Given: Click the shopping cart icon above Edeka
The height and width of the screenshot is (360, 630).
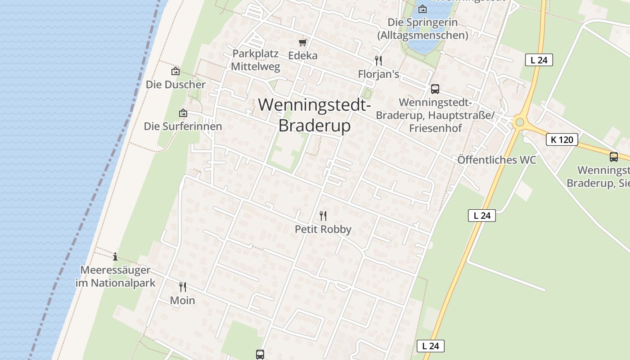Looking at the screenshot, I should (x=303, y=42).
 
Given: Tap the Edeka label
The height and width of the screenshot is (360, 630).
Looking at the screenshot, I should (x=303, y=55).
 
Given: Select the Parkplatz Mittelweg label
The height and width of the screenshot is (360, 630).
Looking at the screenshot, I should (x=256, y=60).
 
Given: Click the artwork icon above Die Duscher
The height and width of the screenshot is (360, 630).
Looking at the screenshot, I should (x=175, y=71).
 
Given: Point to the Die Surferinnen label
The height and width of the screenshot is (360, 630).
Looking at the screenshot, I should (x=183, y=126).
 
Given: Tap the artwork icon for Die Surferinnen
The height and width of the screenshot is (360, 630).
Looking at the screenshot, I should (x=183, y=113).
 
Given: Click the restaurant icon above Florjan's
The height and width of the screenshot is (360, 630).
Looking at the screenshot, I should (x=378, y=61).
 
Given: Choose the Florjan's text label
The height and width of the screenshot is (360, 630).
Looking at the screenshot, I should (x=378, y=74).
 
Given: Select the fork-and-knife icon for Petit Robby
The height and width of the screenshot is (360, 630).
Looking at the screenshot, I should (x=323, y=216).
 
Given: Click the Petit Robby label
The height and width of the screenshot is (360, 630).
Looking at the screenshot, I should (x=323, y=229).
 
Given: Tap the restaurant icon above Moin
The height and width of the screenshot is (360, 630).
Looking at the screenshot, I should (x=183, y=287).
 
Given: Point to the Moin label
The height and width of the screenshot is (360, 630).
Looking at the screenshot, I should (x=183, y=300).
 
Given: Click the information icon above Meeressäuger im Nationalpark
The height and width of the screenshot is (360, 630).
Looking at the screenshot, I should (x=115, y=256).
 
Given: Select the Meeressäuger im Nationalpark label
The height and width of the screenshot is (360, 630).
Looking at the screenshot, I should (x=115, y=276).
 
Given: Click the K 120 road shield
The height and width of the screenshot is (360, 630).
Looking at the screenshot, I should (x=562, y=139).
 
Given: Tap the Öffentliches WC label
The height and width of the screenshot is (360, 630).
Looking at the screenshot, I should (x=497, y=160).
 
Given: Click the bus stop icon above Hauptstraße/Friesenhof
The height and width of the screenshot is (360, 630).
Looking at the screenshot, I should (x=435, y=89).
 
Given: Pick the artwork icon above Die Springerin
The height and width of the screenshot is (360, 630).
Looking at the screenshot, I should (x=422, y=9).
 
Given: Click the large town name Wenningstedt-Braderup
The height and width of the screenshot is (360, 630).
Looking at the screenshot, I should (x=315, y=115).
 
